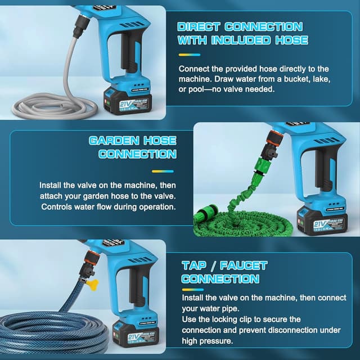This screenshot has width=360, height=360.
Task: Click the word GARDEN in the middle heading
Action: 111,141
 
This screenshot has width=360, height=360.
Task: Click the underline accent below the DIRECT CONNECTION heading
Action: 190,55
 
